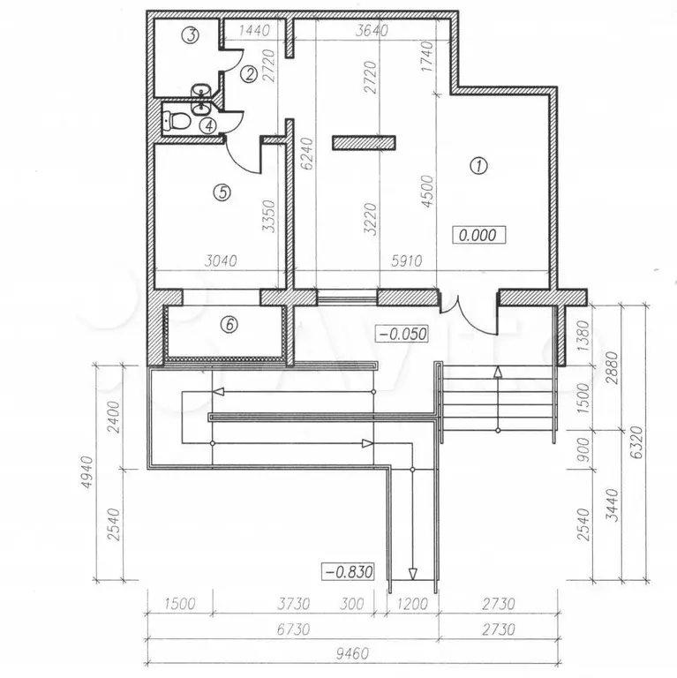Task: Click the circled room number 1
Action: pyautogui.click(x=478, y=166)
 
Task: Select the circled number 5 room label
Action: pyautogui.click(x=222, y=192)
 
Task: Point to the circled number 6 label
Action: pyautogui.click(x=229, y=324)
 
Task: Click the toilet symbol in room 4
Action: pyautogui.click(x=176, y=121)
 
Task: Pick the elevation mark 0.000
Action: pyautogui.click(x=478, y=236)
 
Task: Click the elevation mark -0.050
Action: pyautogui.click(x=402, y=334)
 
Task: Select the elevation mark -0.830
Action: pyautogui.click(x=348, y=572)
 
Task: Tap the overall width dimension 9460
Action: pyautogui.click(x=352, y=653)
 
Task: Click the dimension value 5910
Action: pyautogui.click(x=406, y=260)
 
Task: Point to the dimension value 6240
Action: pyautogui.click(x=308, y=154)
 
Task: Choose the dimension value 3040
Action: pyautogui.click(x=221, y=260)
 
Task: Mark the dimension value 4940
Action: pyautogui.click(x=87, y=472)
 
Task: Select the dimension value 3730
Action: pyautogui.click(x=293, y=604)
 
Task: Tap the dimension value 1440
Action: pyautogui.click(x=254, y=30)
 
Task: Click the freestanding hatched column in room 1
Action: pyautogui.click(x=364, y=143)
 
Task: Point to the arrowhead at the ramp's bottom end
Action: pyautogui.click(x=412, y=574)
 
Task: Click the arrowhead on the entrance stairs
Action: pyautogui.click(x=498, y=373)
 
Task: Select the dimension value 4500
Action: pyautogui.click(x=427, y=191)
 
